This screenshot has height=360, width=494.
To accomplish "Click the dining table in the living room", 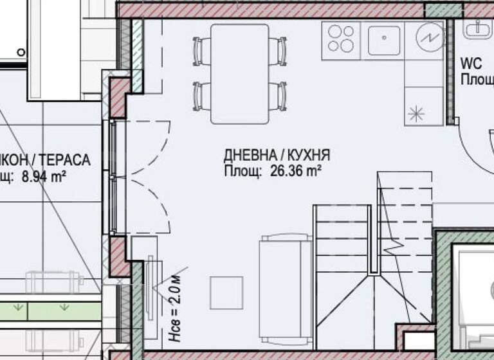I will [240, 73].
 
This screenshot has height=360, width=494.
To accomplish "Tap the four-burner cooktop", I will [342, 38].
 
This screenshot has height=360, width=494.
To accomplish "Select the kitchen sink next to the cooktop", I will [385, 38].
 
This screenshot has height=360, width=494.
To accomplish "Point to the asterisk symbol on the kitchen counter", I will [417, 114].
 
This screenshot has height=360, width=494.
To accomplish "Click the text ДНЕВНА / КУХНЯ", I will [277, 156].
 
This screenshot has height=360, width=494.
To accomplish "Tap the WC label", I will [471, 64].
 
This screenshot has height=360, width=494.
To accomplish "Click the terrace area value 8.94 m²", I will [45, 178].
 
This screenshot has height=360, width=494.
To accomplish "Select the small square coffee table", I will [226, 292].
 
